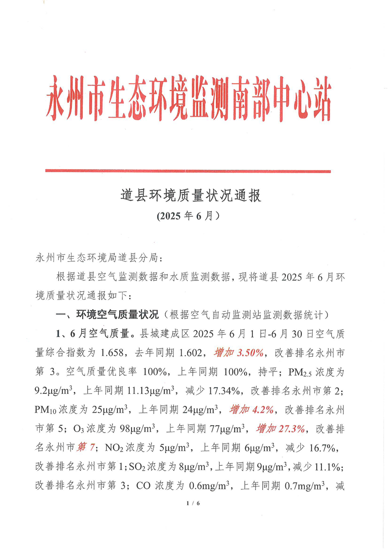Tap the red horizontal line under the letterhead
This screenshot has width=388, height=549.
pyautogui.click(x=188, y=171)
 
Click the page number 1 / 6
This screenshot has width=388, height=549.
pyautogui.click(x=194, y=503)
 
